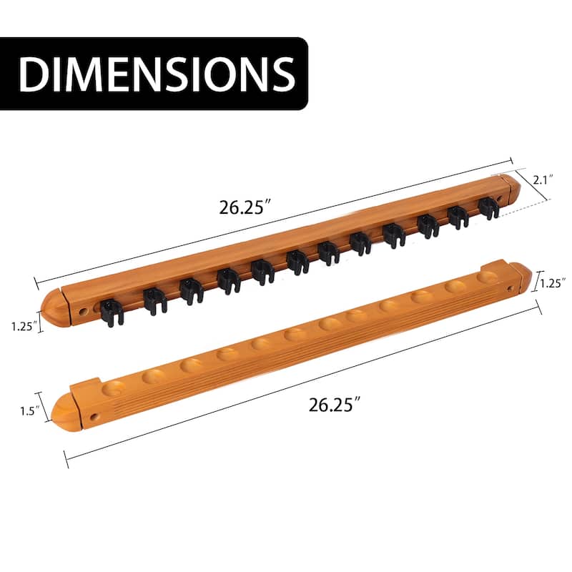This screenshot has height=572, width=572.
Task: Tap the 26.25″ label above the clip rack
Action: (x=245, y=209)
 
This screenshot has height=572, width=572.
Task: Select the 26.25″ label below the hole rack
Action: (x=333, y=405)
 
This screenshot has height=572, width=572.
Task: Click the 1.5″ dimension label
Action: (x=28, y=412)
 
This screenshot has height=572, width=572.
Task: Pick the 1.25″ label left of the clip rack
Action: (x=24, y=326)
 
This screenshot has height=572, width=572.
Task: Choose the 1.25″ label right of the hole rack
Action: (x=553, y=282)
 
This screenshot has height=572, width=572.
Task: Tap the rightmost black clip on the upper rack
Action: (x=488, y=208)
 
